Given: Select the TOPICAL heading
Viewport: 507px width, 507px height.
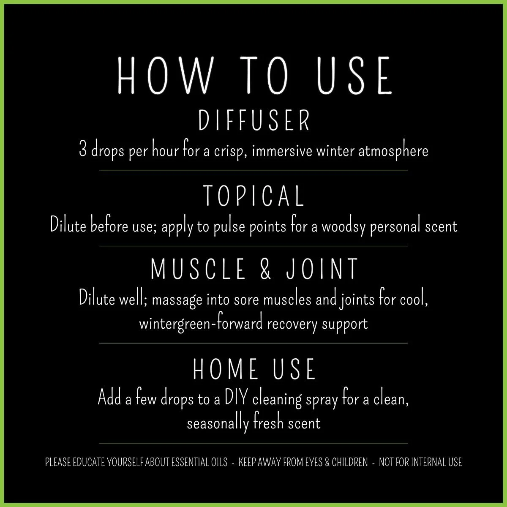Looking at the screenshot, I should click(254, 196).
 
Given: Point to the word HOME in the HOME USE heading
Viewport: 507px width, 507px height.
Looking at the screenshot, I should click(226, 369).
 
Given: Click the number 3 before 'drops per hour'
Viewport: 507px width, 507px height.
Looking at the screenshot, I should click(83, 150).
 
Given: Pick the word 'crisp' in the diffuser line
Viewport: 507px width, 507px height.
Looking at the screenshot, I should click(232, 151).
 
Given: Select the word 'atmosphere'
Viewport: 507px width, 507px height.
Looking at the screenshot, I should click(393, 151).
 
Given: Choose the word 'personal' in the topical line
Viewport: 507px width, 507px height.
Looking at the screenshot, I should click(395, 226).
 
